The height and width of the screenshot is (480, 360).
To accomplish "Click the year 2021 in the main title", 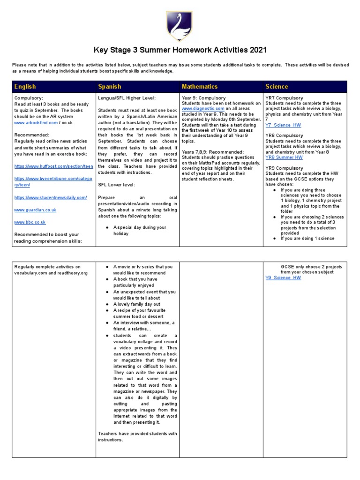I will pos(256,50).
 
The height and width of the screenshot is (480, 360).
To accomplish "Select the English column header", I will pos(25,87).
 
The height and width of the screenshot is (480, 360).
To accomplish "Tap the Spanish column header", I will pos(109,87).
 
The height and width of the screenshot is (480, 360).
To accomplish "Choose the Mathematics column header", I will pos(200,87).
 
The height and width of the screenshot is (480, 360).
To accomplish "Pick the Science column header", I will pos(277,87).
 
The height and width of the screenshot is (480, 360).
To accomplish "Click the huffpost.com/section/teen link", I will pos(54,166).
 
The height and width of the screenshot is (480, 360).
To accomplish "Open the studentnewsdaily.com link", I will pos(51,198).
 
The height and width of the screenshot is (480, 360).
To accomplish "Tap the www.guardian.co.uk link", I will pos(34,210).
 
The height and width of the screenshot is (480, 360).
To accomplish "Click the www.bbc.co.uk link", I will pos(30,222).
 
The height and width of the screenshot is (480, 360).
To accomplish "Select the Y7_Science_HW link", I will pos(283,125).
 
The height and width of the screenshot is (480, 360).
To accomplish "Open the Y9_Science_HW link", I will pos(283,278).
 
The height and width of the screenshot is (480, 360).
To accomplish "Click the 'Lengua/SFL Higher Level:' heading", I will pos(127,97).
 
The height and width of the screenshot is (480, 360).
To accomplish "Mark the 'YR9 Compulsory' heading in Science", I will pos(284,168).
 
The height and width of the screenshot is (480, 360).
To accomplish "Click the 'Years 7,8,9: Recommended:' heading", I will pos(212,152).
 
